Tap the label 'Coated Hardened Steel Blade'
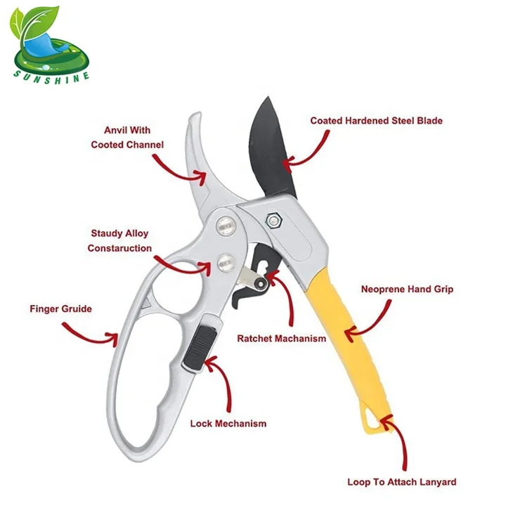(376, 121)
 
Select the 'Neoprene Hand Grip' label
(407, 289)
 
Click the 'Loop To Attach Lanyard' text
(402, 482)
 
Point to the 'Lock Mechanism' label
(228, 424)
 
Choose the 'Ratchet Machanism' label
(281, 339)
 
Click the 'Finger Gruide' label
(60, 308)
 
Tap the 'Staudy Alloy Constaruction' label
(119, 240)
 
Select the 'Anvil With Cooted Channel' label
(127, 138)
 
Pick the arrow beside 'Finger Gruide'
(91, 333)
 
